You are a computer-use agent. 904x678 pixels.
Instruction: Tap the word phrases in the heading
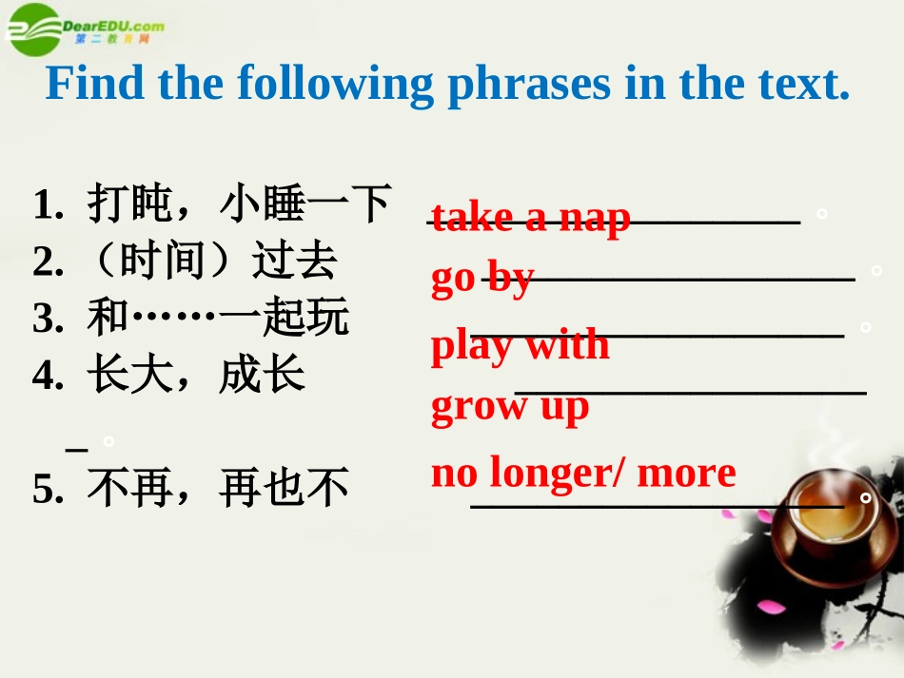click(530, 86)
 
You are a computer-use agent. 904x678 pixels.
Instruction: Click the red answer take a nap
click(530, 218)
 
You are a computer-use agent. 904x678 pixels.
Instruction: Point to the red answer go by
click(481, 278)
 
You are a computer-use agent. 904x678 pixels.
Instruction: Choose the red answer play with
click(520, 344)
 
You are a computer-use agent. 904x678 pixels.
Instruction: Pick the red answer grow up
click(510, 406)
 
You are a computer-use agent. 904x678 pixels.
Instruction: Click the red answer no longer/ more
click(583, 473)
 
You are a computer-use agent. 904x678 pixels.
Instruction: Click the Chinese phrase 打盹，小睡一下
click(239, 203)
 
